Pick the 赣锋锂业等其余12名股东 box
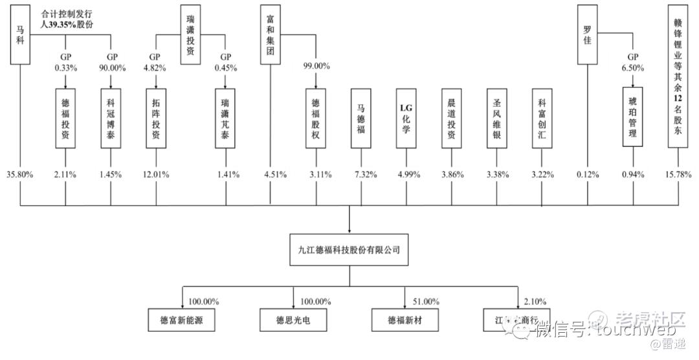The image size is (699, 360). [x=678, y=75]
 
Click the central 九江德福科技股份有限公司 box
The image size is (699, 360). [x=349, y=250]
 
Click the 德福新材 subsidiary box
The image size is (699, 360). [x=405, y=321]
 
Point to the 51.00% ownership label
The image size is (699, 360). [x=426, y=302]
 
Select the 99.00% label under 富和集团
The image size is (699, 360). [x=316, y=65]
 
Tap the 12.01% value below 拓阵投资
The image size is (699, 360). [x=155, y=174]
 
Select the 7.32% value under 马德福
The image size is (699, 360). [x=361, y=174]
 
